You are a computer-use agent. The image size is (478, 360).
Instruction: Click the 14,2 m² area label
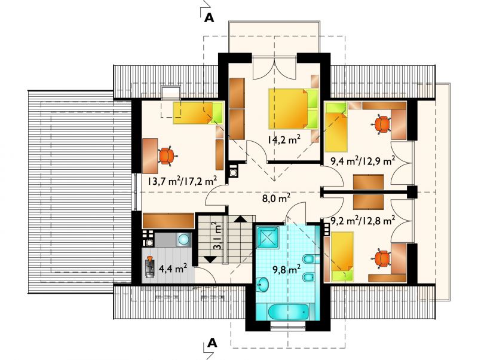(x=284, y=139)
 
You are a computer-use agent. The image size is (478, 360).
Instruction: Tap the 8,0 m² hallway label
(x=276, y=199)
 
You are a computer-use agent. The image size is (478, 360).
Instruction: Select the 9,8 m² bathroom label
(x=287, y=269)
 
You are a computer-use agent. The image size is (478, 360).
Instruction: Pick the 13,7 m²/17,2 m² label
(x=182, y=181)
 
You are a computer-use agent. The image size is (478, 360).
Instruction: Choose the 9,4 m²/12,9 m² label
(x=363, y=161)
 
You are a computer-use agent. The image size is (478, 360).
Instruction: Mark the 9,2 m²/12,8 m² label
(x=363, y=220)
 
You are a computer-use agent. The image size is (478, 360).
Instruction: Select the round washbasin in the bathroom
(x=262, y=284)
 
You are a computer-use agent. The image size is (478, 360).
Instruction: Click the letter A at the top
(x=209, y=18)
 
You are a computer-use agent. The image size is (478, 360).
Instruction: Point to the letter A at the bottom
(x=212, y=343)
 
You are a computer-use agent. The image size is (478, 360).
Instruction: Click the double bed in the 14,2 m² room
(x=293, y=109)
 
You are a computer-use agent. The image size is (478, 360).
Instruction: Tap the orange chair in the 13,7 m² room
(x=167, y=155)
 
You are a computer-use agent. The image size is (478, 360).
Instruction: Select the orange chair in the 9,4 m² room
(x=381, y=124)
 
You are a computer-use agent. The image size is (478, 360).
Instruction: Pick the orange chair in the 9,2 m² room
(x=382, y=258)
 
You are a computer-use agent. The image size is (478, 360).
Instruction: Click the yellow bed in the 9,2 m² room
(x=342, y=257)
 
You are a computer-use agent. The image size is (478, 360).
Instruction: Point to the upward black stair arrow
(x=241, y=219)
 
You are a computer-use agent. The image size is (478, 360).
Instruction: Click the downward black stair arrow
(x=210, y=260)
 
